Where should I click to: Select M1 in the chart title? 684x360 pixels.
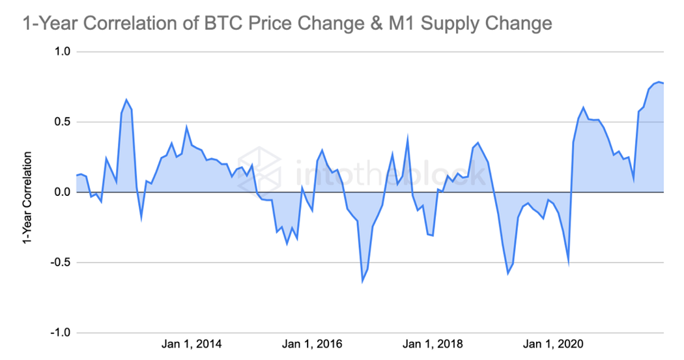pyautogui.click(x=395, y=24)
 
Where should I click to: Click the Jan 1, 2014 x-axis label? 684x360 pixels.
pyautogui.click(x=192, y=344)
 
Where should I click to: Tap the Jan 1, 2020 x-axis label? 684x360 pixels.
pyautogui.click(x=554, y=344)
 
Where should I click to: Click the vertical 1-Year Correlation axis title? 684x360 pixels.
pyautogui.click(x=27, y=198)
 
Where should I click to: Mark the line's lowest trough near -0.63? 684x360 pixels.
pyautogui.click(x=363, y=281)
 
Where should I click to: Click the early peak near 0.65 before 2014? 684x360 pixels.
pyautogui.click(x=126, y=100)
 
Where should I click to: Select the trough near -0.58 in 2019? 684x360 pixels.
pyautogui.click(x=508, y=273)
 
